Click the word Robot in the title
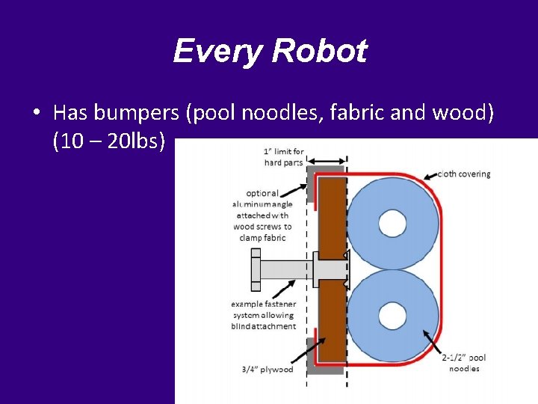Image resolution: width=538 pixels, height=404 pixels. pyautogui.click(x=319, y=52)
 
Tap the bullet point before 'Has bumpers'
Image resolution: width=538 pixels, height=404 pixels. pyautogui.click(x=36, y=114)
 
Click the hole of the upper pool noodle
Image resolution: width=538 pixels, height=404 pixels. pyautogui.click(x=392, y=222)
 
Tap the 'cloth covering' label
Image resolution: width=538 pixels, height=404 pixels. pyautogui.click(x=464, y=174)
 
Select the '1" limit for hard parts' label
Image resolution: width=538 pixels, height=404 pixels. pyautogui.click(x=283, y=157)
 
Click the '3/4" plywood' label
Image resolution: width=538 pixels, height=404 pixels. pyautogui.click(x=267, y=369)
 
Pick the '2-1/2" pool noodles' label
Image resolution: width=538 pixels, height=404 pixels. pyautogui.click(x=463, y=363)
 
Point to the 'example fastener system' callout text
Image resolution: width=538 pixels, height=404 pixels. pyautogui.click(x=263, y=315)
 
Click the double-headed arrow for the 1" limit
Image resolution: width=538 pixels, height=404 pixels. pyautogui.click(x=327, y=160)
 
